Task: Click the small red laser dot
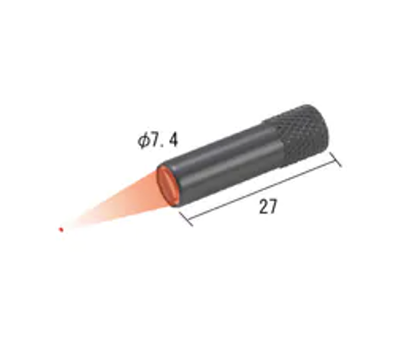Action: coord(62,230)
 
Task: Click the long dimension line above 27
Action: coord(266,190)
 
